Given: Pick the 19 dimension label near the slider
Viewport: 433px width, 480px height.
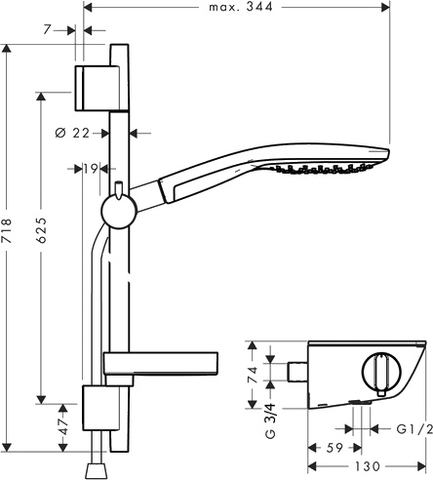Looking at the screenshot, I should coord(91,169).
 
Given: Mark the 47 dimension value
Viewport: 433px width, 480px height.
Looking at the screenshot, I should coord(63,431).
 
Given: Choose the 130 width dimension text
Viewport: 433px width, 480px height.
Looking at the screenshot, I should coord(367,468).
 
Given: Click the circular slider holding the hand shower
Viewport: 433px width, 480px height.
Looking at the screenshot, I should coord(116,210).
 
